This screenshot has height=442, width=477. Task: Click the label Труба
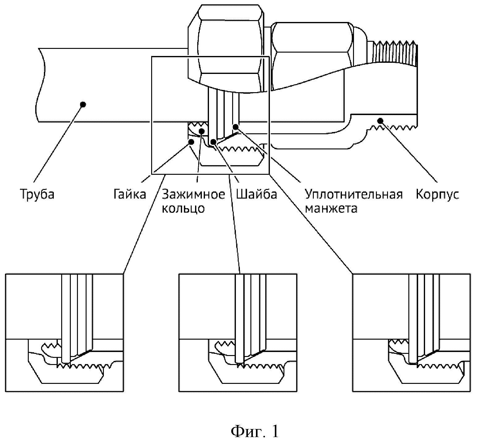click(37, 194)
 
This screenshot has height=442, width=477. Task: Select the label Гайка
click(130, 194)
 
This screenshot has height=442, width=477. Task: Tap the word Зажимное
click(194, 194)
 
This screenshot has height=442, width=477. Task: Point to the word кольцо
click(183, 208)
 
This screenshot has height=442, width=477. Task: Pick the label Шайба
click(256, 194)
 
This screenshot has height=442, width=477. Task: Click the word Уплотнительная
click(354, 194)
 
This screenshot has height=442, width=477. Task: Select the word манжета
click(331, 208)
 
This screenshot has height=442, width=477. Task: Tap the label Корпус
click(437, 194)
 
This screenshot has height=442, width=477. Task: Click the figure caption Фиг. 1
click(255, 431)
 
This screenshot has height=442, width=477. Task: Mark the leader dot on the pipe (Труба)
click(83, 104)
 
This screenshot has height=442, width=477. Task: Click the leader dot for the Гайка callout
click(191, 142)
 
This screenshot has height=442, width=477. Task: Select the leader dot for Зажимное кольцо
click(201, 131)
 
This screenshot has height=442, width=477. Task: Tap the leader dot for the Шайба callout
click(213, 142)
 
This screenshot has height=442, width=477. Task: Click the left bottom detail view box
click(65, 333)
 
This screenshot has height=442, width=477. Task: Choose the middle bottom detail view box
click(238, 333)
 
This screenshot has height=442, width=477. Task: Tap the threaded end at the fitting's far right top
click(394, 53)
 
